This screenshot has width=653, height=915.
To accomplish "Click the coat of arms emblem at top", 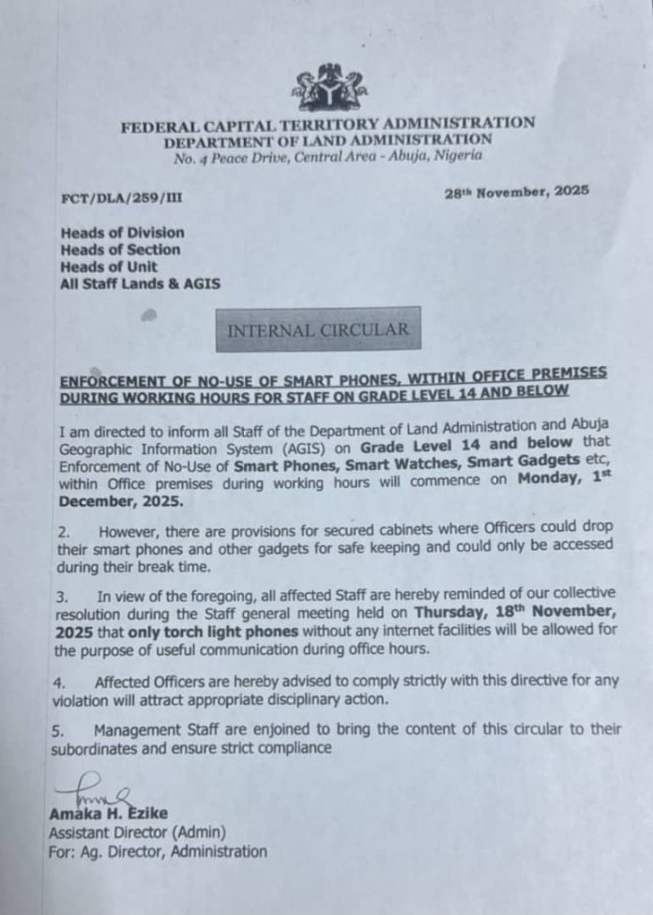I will pos(328,90).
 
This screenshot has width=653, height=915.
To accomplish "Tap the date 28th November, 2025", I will pos(517,191).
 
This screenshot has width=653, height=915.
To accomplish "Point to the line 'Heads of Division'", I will pos(122,232).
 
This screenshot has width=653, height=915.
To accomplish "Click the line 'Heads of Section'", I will pos(120,249).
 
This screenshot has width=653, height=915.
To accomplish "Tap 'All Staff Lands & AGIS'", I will pos(141,282).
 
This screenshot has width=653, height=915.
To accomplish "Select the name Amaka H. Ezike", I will pos(108,814).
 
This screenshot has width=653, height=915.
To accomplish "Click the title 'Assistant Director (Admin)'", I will pos(137,832).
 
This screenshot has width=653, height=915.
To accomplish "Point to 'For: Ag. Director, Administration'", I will pos(158,852).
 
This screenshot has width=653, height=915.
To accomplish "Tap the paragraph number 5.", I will pos(57,729).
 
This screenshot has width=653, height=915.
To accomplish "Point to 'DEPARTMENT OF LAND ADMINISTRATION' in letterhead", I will pos(327,141).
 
